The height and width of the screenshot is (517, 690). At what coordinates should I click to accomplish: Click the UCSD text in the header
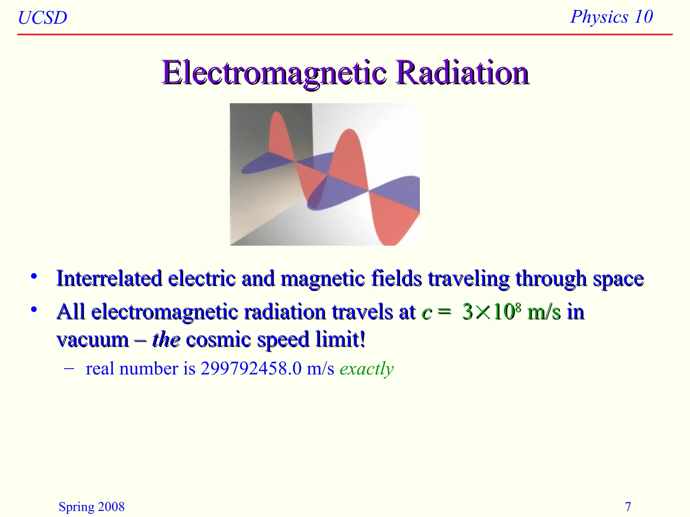[x=42, y=18]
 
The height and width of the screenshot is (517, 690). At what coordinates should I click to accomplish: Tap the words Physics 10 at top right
[x=611, y=17]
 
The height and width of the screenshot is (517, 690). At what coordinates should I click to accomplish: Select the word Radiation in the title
[x=462, y=73]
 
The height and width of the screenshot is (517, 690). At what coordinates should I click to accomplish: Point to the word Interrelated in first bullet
[x=109, y=279]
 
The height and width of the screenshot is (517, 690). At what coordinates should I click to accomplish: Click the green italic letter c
[x=427, y=312]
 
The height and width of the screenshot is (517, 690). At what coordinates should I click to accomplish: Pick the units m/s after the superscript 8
[x=544, y=312]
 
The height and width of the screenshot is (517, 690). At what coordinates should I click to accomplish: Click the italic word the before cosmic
[x=166, y=339]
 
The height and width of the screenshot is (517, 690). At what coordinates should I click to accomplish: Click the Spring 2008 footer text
[x=91, y=507]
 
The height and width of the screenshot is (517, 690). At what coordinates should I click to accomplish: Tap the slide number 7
[x=628, y=507]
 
